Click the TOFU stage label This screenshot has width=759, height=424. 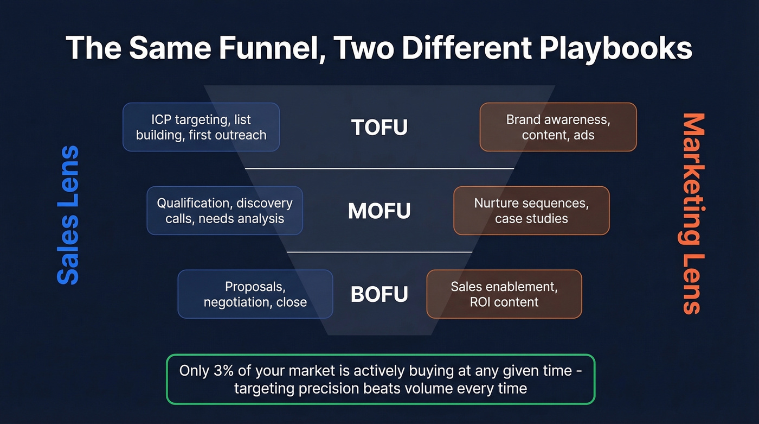[379, 128]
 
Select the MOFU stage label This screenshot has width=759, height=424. [379, 211]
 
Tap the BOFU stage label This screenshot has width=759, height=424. [379, 294]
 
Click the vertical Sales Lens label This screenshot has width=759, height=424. [68, 215]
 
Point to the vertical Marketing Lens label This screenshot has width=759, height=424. [692, 213]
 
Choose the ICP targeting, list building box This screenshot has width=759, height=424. [201, 127]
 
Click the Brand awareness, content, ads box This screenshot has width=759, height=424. [558, 127]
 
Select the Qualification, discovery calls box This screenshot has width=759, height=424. [224, 211]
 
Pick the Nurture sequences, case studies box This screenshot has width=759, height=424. [531, 211]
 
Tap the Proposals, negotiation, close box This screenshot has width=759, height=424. [255, 294]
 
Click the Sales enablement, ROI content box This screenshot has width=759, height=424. [504, 294]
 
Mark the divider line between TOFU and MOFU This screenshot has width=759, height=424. [379, 169]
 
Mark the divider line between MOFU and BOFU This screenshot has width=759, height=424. [379, 252]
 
